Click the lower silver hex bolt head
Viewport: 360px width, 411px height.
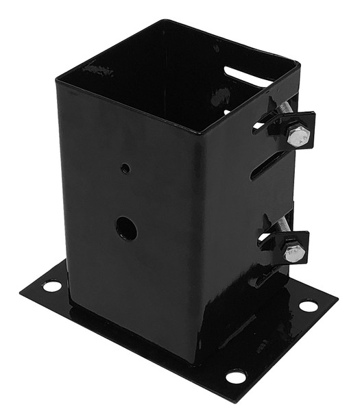pyautogui.click(x=293, y=252)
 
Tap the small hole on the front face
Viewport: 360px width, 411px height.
pyautogui.click(x=125, y=168)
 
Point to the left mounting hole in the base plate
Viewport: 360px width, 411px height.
pyautogui.click(x=52, y=286)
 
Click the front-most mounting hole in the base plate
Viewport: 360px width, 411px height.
pyautogui.click(x=235, y=376)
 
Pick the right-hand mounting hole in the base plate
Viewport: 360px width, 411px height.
pyautogui.click(x=309, y=306)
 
